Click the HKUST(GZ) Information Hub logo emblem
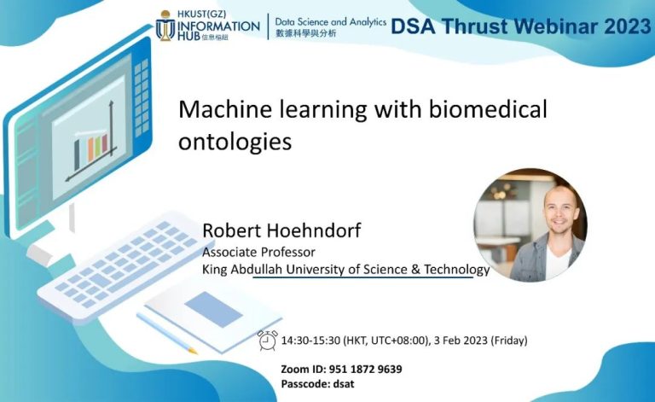[167, 26]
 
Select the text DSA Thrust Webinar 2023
[520, 26]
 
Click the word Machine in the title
[217, 110]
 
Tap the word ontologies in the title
[235, 141]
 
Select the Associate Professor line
[258, 252]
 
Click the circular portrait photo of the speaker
[530, 225]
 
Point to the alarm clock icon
[268, 340]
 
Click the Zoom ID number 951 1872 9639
[366, 369]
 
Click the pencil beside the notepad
[165, 332]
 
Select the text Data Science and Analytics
[330, 21]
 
